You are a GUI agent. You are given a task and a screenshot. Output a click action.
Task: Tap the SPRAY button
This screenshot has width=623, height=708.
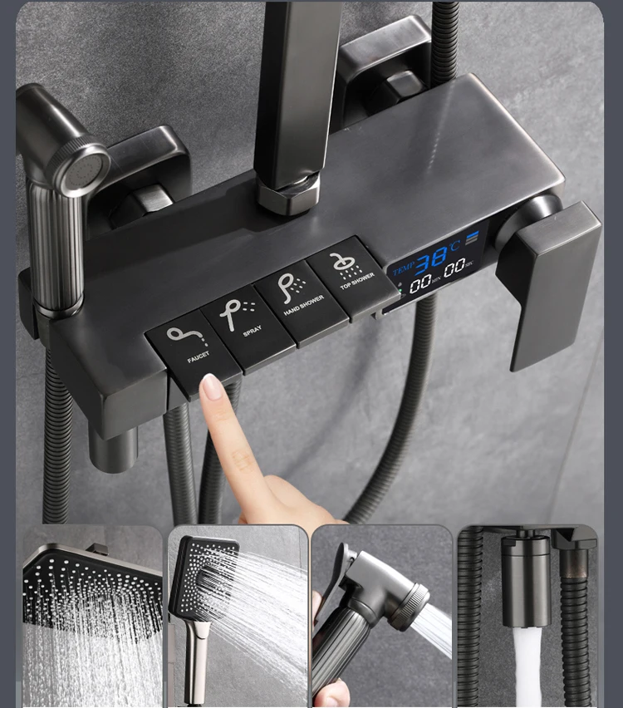[248, 326]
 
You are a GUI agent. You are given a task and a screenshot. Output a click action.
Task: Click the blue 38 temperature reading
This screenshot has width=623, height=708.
[431, 261]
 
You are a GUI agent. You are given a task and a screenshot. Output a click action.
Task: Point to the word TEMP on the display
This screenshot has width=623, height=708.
[403, 269]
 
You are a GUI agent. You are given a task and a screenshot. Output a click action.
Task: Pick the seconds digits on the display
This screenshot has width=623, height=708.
[454, 269]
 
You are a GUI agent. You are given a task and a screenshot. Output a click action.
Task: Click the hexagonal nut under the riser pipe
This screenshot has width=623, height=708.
[287, 195]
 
